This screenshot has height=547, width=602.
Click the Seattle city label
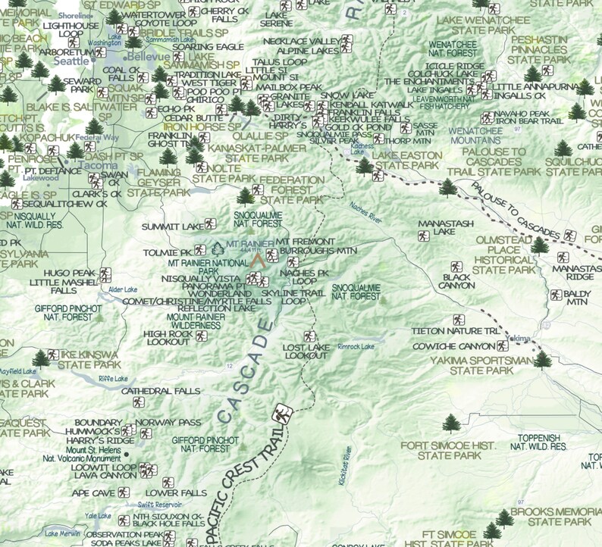73,61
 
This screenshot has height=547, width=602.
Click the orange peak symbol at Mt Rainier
259,260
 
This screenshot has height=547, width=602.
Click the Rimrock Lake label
356,347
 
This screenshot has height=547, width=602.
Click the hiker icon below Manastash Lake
423,236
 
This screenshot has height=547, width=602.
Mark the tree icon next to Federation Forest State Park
246,196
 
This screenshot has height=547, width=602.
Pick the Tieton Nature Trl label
456,331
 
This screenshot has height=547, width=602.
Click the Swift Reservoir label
160,505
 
